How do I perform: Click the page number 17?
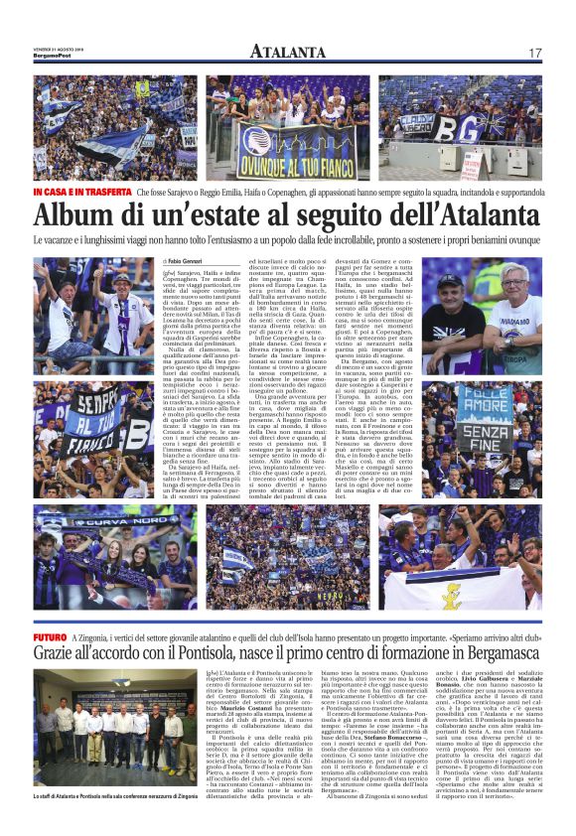534,53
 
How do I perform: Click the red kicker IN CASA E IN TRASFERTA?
81,191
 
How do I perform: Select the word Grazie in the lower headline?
63,655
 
